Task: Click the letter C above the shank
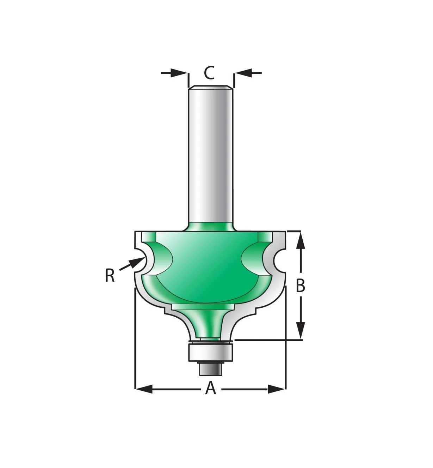(x=209, y=73)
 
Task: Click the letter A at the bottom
(x=211, y=389)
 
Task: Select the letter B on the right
(x=300, y=286)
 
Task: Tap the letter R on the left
(x=110, y=276)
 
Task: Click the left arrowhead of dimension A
(x=144, y=389)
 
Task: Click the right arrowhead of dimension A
(x=277, y=389)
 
